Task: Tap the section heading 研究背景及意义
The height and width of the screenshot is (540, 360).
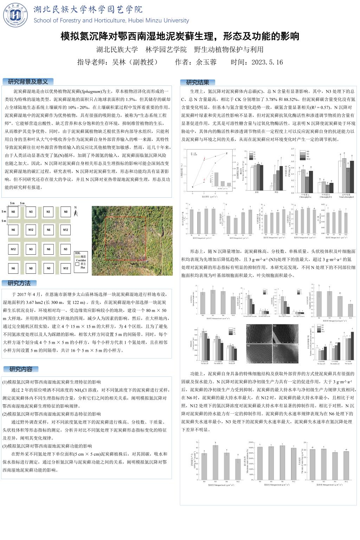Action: point(28,82)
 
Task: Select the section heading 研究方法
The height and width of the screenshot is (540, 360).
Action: point(20,283)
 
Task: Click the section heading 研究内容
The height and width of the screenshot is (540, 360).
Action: point(21,369)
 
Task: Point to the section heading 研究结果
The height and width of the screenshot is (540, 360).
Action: point(198,82)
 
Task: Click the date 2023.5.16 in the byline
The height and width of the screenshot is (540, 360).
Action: point(267,62)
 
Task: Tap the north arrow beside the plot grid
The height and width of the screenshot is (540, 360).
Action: point(75,211)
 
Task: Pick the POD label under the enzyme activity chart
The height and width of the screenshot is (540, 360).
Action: point(276,192)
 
